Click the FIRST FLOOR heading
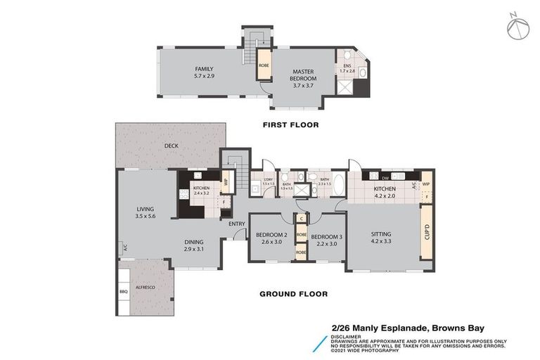pos(291,125)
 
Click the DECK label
pos(171,146)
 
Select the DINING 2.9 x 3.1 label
pos(198,245)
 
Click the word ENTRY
pos(236,224)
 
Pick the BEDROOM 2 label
pos(272,238)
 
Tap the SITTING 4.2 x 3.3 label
pos(381,238)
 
